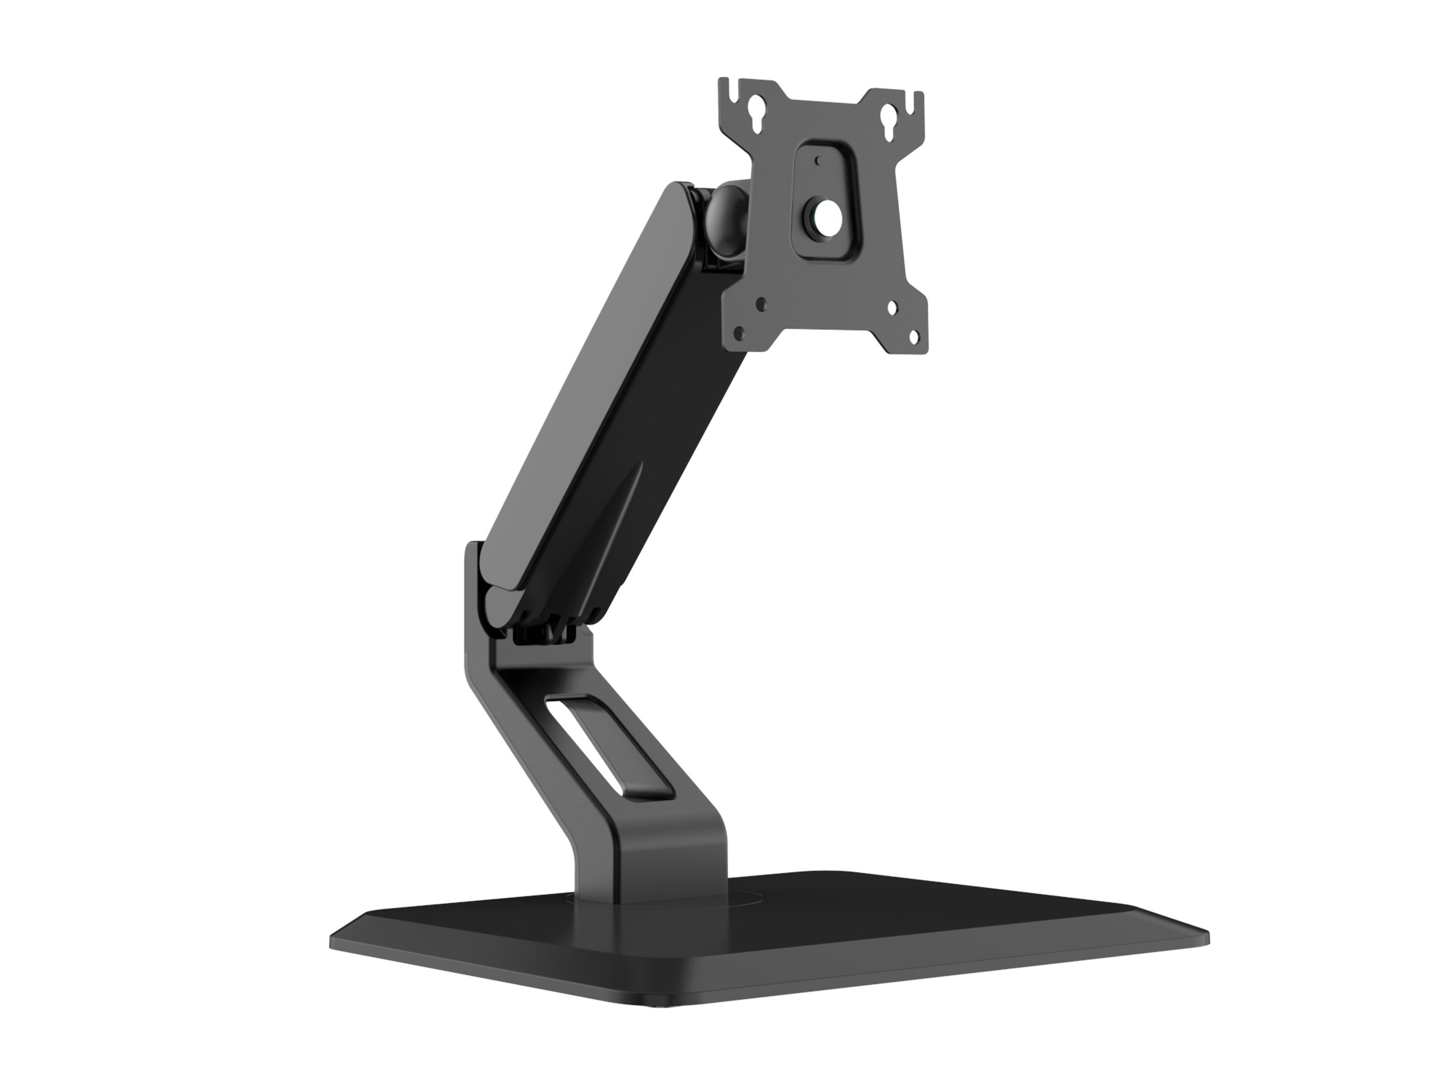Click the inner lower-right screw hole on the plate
click(x=893, y=309)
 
